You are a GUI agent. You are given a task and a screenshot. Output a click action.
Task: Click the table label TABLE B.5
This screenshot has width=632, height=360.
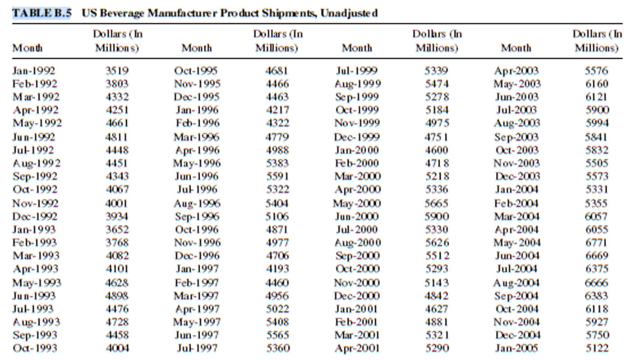42,13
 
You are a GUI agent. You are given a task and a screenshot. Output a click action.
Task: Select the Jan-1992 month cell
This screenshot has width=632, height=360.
34,71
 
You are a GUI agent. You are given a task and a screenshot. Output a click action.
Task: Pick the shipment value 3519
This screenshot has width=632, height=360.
117,71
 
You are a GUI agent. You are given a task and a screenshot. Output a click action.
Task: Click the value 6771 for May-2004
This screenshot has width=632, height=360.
596,243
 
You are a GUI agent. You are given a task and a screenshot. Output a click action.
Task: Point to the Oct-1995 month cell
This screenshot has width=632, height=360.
196,71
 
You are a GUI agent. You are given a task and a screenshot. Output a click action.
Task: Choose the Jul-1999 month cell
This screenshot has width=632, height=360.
357,71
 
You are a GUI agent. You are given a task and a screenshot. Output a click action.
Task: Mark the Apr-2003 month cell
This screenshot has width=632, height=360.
516,71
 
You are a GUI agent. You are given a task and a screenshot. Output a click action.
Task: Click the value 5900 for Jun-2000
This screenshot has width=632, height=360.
437,217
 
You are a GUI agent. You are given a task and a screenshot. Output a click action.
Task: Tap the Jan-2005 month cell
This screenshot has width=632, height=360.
516,348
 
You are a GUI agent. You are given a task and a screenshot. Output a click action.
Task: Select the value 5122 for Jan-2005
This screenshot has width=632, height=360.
596,348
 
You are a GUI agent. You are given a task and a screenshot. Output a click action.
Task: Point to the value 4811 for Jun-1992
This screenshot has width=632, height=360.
117,137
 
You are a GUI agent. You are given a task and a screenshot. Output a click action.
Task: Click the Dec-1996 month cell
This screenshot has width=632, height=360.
196,256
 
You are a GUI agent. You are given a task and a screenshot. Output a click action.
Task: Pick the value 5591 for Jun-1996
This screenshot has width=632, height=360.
277,176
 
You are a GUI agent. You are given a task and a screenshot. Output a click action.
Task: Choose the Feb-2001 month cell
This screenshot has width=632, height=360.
356,322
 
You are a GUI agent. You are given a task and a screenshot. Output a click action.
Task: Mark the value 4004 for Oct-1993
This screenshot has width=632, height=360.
117,348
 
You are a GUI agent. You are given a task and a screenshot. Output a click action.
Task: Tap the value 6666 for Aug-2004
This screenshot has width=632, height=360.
596,283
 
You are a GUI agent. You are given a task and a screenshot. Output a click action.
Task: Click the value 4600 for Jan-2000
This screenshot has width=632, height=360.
437,150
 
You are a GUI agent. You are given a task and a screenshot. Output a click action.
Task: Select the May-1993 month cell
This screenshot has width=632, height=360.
37,283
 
